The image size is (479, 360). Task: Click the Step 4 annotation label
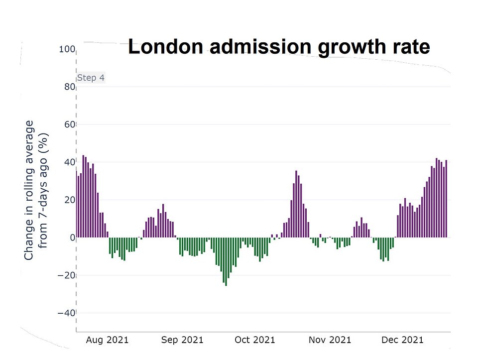pyautogui.click(x=91, y=78)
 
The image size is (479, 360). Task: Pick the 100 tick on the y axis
pyautogui.click(x=67, y=49)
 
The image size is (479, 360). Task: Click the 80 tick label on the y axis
pyautogui.click(x=69, y=87)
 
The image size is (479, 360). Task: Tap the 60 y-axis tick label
pyautogui.click(x=69, y=124)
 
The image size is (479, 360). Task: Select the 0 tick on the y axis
pyautogui.click(x=72, y=238)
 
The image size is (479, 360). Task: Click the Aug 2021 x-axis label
pyautogui.click(x=107, y=340)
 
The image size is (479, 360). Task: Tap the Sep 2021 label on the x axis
pyautogui.click(x=182, y=340)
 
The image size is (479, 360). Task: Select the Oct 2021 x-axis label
pyautogui.click(x=254, y=340)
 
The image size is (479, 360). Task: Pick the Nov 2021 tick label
pyautogui.click(x=330, y=340)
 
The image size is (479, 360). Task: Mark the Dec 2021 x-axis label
pyautogui.click(x=402, y=340)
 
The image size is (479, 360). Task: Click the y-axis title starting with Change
pyautogui.click(x=35, y=190)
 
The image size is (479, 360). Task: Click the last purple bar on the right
pyautogui.click(x=447, y=199)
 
